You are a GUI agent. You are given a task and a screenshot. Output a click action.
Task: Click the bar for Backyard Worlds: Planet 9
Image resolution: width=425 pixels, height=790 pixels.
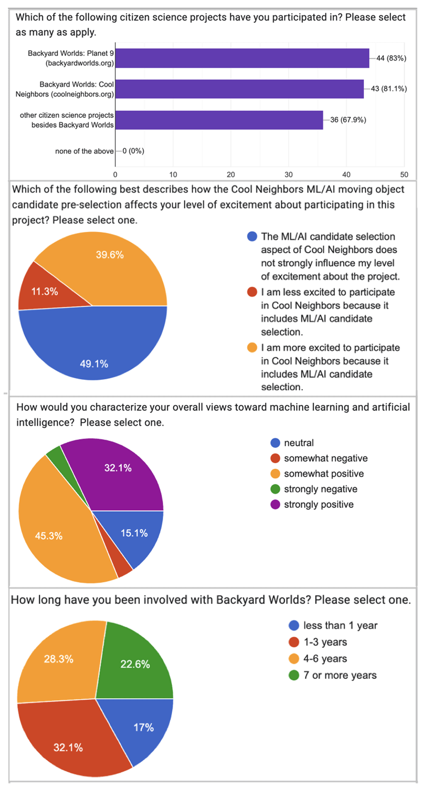click(242, 58)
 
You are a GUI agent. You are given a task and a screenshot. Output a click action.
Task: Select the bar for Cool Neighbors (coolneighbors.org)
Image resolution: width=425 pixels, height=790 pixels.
click(239, 89)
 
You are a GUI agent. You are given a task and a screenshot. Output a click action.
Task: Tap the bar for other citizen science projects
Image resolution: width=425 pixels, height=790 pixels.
click(219, 120)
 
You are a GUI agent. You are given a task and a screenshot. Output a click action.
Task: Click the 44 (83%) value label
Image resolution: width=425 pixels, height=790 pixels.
click(391, 58)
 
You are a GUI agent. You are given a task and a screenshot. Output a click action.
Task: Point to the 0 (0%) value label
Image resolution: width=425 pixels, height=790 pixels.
click(133, 151)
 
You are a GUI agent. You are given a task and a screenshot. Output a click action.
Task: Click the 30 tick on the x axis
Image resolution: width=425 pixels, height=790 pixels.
click(289, 175)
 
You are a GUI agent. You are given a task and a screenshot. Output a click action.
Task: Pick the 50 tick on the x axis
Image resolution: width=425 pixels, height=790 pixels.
click(404, 175)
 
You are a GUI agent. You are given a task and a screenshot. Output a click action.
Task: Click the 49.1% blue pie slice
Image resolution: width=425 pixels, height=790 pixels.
click(94, 351)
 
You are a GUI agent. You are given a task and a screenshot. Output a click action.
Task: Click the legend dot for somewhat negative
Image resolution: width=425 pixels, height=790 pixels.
click(275, 458)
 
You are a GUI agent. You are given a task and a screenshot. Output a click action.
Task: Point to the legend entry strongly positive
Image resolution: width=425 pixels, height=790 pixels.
click(318, 504)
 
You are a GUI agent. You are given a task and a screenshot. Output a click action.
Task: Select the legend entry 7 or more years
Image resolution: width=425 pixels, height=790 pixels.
click(340, 675)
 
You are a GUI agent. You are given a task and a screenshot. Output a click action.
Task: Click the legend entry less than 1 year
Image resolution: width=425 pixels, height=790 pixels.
click(340, 626)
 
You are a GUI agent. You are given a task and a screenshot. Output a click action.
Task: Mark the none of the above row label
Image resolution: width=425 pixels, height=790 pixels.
click(84, 151)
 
